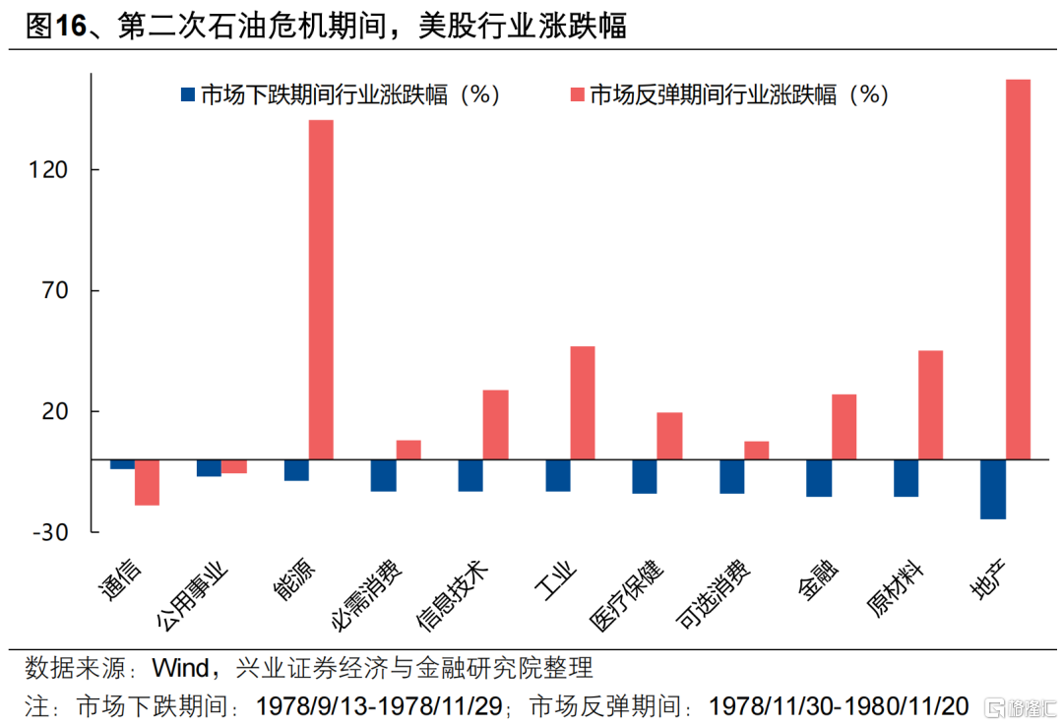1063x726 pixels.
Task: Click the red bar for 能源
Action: pyautogui.click(x=321, y=289)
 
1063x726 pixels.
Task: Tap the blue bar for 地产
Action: pyautogui.click(x=992, y=489)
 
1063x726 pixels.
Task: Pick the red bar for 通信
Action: pyautogui.click(x=147, y=482)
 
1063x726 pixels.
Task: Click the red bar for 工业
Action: pyautogui.click(x=582, y=402)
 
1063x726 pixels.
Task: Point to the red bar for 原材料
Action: pyautogui.click(x=930, y=404)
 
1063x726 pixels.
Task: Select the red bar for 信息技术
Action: pyautogui.click(x=495, y=424)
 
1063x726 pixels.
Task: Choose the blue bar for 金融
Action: pyautogui.click(x=818, y=478)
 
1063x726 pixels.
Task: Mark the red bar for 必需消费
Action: pyautogui.click(x=408, y=450)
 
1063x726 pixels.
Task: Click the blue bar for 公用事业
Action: pyautogui.click(x=209, y=468)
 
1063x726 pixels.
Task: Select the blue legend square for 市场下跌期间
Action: pyautogui.click(x=186, y=95)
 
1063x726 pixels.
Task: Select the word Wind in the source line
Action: pyautogui.click(x=180, y=669)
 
